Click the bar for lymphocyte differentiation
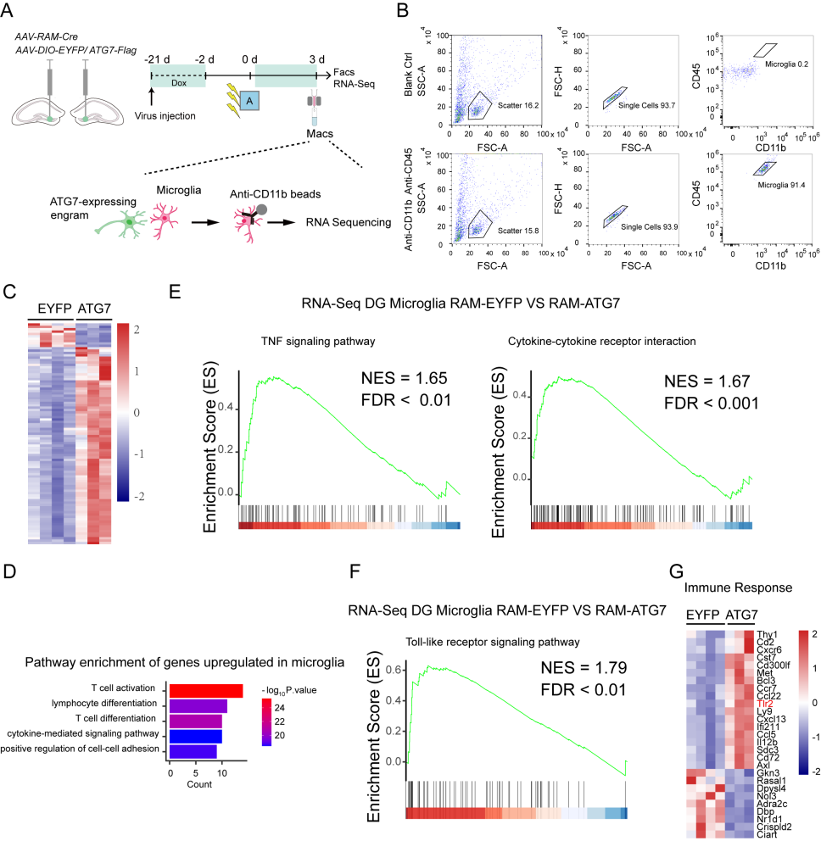(198, 705)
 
